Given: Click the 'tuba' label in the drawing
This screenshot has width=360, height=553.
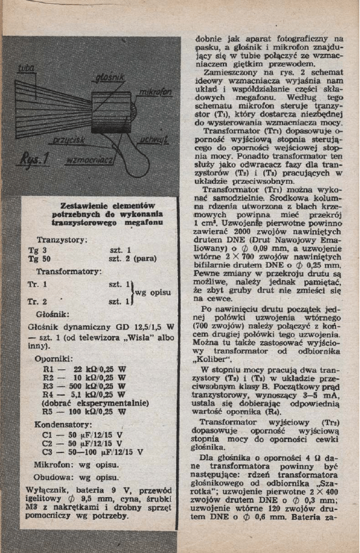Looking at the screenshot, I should tap(26, 68).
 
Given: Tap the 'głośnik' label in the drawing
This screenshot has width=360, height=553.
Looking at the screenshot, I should tap(109, 79).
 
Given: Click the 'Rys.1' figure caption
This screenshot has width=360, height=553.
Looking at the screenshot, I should tap(32, 158).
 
